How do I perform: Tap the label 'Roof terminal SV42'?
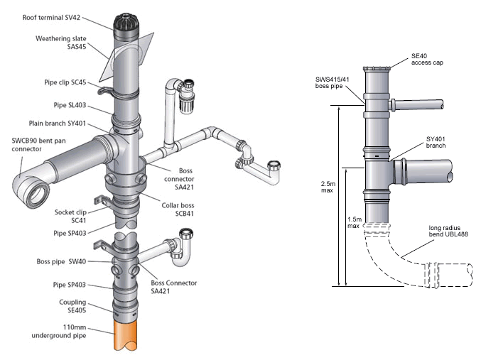[x=51, y=18]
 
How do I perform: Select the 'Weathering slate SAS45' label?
[x=60, y=43]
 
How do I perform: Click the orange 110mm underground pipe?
[x=126, y=335]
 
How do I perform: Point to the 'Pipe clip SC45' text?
[x=65, y=82]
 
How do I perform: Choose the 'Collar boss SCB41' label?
[x=178, y=209]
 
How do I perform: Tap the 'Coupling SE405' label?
[x=72, y=306]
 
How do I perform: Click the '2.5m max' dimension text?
[x=328, y=187]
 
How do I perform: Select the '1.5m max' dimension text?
[x=355, y=222]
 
